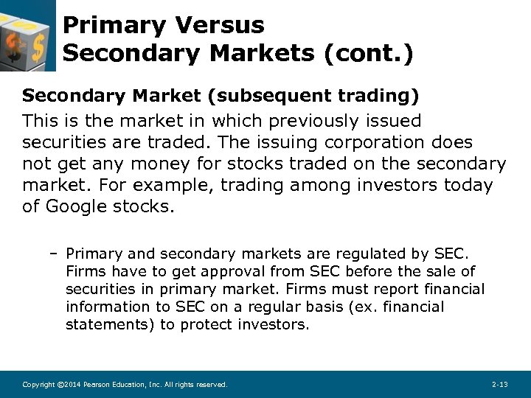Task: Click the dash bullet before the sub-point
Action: [x=55, y=254]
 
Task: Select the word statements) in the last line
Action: [x=109, y=324]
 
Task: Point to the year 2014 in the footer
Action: [x=68, y=385]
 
